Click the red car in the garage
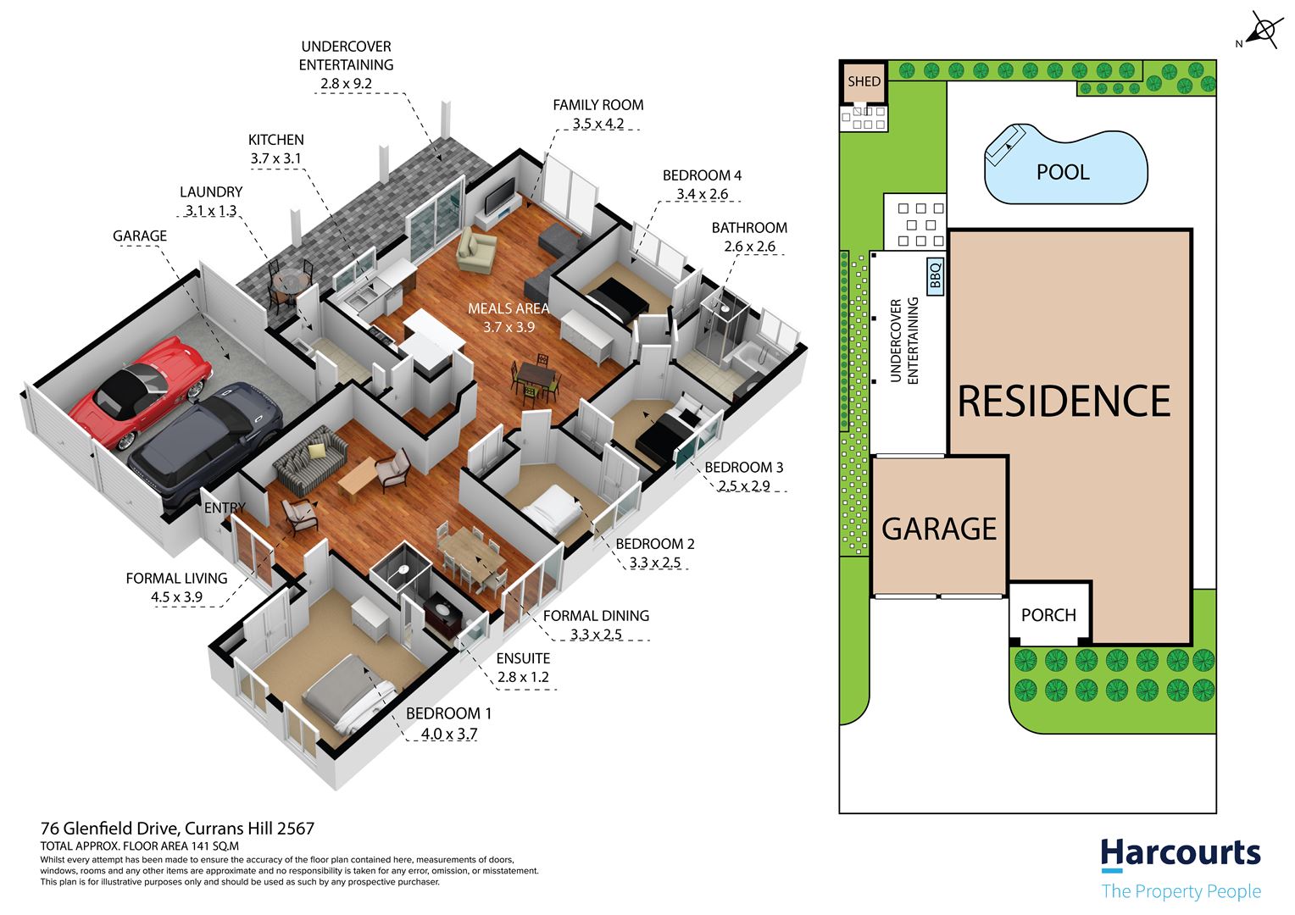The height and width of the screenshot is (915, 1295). click(x=141, y=390)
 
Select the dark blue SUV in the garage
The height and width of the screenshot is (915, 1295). click(x=205, y=444)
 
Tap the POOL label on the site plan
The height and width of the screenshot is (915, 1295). click(x=1063, y=172)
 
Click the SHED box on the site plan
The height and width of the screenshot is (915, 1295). click(x=863, y=81)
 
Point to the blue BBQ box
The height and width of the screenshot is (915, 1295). click(x=935, y=276)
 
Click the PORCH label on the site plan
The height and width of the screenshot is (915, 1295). click(x=1048, y=615)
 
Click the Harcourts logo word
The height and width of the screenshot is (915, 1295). click(x=1180, y=853)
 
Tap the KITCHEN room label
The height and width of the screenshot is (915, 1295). click(x=275, y=140)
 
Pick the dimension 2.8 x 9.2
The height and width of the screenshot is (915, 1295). click(x=347, y=84)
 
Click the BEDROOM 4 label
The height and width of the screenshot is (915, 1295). click(x=702, y=175)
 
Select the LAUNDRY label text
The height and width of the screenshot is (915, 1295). click(x=211, y=192)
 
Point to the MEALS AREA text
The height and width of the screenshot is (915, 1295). click(x=509, y=308)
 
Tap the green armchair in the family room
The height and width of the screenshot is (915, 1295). click(x=476, y=250)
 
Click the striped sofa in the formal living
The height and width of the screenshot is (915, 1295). click(x=310, y=459)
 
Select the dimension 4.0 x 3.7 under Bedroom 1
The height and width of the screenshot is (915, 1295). click(x=449, y=734)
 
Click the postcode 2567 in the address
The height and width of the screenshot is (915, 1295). click(x=296, y=829)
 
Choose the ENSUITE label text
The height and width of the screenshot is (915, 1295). click(x=523, y=658)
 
